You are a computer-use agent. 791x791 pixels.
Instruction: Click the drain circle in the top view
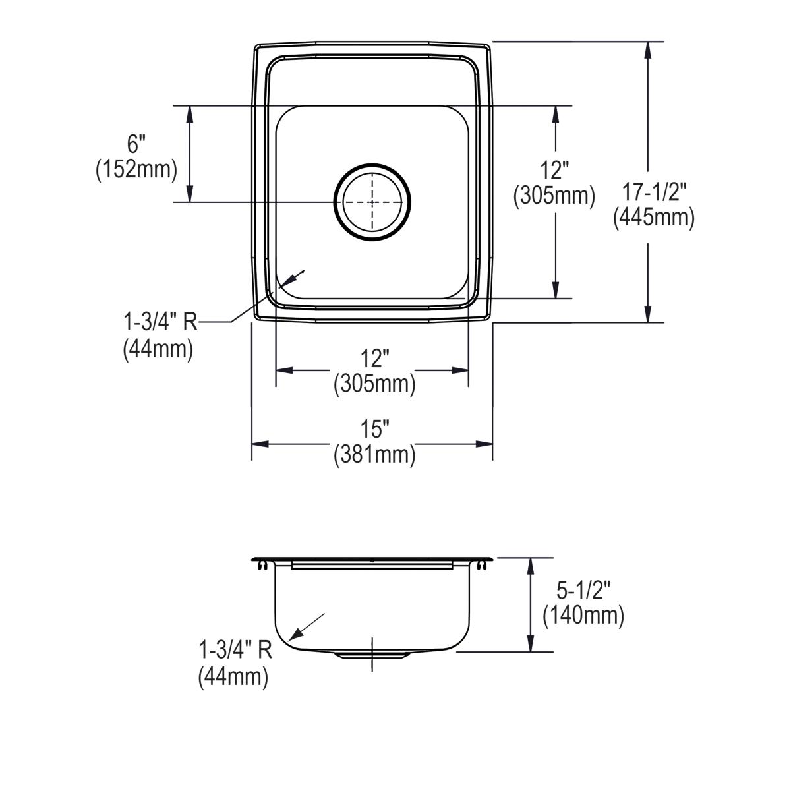coord(372,202)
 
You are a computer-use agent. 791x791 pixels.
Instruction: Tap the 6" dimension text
coord(136,144)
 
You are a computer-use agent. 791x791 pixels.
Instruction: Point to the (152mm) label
coord(136,169)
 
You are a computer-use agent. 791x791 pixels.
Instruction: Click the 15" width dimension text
coord(374,429)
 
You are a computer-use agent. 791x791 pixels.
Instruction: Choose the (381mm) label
coord(374,455)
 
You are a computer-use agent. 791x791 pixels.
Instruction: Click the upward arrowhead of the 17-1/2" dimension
coord(647,51)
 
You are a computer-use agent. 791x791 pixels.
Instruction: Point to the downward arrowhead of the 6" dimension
coord(190,193)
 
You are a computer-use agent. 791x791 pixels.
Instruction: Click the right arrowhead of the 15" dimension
coord(484,444)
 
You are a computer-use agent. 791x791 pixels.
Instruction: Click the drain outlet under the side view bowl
coord(372,655)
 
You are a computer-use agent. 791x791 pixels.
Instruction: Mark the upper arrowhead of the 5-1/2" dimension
coord(531,568)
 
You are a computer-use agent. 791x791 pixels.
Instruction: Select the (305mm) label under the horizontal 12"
coord(374,384)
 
